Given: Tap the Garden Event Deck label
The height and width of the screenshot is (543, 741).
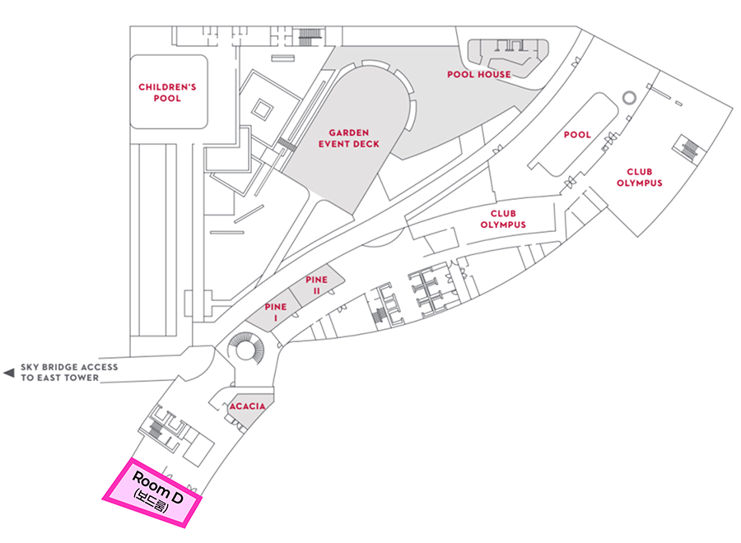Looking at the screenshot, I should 349,137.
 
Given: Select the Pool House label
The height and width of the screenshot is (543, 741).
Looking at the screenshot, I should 478,74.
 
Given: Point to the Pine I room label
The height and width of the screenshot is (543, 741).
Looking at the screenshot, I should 275,312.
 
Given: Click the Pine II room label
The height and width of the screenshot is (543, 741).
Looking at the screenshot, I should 316,285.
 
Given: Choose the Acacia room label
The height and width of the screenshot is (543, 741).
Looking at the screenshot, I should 248,406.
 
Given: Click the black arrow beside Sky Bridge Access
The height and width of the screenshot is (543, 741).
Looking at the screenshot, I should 9,373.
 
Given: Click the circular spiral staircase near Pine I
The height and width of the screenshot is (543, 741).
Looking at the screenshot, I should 245,349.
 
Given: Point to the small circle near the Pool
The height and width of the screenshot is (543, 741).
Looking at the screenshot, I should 629,98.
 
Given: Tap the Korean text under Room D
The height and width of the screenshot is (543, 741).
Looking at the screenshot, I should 150,502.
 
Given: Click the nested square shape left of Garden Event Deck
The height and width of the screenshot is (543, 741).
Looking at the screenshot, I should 263,108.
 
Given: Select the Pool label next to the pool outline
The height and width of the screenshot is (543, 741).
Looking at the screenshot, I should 577,134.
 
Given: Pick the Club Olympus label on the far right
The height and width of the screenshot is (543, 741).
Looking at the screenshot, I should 639,177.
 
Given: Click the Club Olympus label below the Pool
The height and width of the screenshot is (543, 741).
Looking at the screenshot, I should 502,219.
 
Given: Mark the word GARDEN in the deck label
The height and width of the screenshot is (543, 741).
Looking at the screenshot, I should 349,132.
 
